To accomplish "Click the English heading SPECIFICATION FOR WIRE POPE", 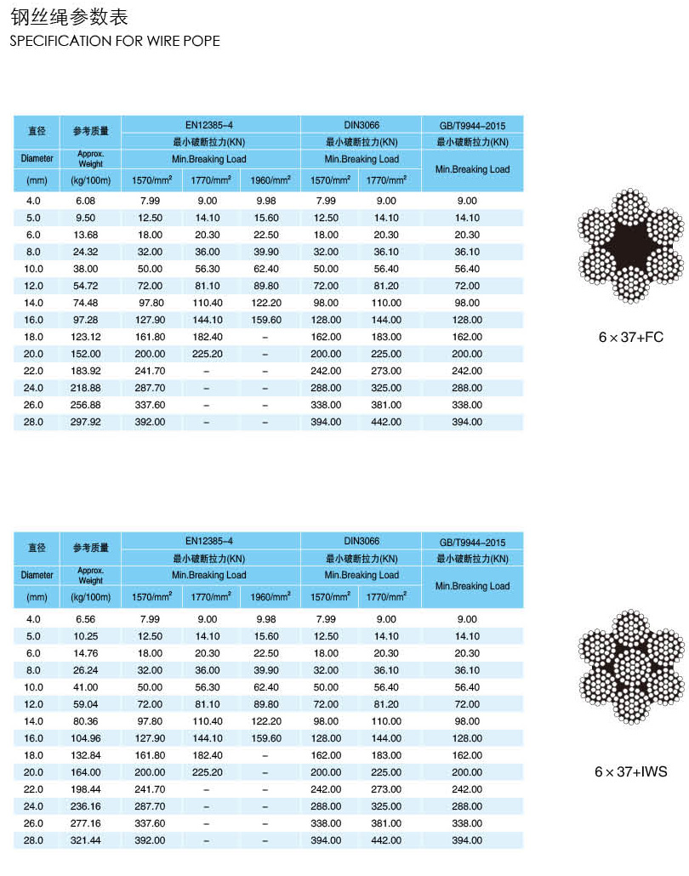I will (115, 41).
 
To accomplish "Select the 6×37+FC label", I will (630, 337).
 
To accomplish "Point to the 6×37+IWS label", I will (630, 771).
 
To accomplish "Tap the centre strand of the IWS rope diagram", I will (630, 664).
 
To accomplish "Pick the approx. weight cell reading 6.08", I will (85, 201).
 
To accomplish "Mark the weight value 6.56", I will (85, 619).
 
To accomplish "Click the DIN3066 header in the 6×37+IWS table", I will (362, 541).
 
